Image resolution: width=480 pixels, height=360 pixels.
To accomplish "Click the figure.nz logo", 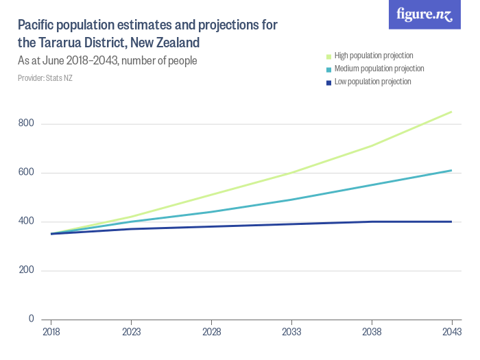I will pos(424,14).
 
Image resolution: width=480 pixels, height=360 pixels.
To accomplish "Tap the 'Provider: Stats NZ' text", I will pos(45,78).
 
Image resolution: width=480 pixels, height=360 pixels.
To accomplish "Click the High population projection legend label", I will pos(373,56).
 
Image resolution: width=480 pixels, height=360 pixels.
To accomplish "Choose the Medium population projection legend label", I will pos(379,69).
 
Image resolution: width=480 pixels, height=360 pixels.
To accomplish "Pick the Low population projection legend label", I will pos(372,82).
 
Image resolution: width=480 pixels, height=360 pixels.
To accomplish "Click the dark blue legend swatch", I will pos(329,82).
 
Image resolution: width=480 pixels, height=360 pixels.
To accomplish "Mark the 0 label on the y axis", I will pos(31,319).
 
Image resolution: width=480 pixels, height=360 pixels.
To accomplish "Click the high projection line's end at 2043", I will pos(451,112).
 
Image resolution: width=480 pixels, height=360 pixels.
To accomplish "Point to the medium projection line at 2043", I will pos(451,170).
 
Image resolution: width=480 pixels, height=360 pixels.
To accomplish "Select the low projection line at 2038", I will pos(372,221).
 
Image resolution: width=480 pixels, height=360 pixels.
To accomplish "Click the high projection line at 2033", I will pos(291,173).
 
